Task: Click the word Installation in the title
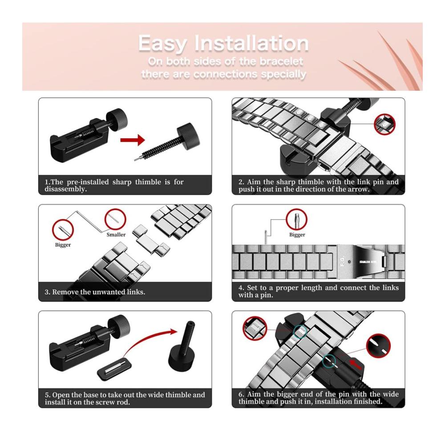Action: coord(251,44)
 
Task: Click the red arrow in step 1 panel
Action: coord(133,140)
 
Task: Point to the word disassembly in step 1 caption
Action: coord(65,189)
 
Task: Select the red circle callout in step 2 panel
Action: coord(384,124)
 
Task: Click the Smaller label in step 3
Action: coord(116,235)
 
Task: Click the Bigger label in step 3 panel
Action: coord(63,245)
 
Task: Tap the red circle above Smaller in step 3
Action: coord(115,219)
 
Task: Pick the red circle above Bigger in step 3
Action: coord(63,230)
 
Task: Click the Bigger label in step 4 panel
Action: coord(297,235)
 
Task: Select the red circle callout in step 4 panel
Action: coord(296,219)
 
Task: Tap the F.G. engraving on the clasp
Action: coord(342,261)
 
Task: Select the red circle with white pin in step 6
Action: coord(378,346)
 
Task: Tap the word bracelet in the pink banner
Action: coord(282,61)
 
